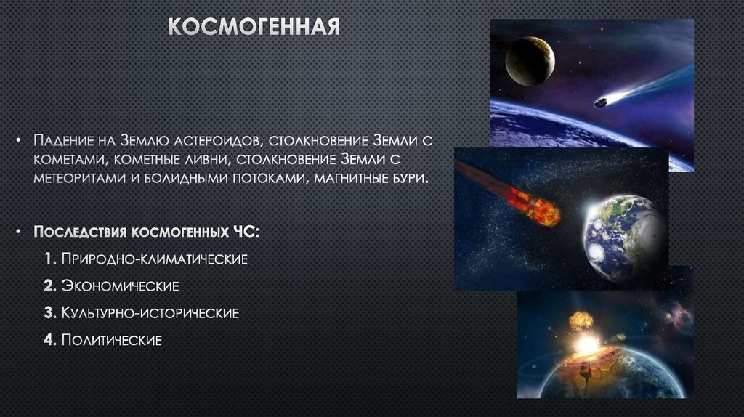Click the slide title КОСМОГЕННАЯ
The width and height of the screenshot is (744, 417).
point(254,27)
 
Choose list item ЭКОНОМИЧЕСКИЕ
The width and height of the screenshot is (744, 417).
point(119,286)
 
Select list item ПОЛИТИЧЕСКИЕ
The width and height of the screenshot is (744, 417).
point(111,339)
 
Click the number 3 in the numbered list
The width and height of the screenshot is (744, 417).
point(47,312)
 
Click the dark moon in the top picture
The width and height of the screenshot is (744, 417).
point(530,60)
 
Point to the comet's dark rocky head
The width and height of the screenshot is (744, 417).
point(601,102)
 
